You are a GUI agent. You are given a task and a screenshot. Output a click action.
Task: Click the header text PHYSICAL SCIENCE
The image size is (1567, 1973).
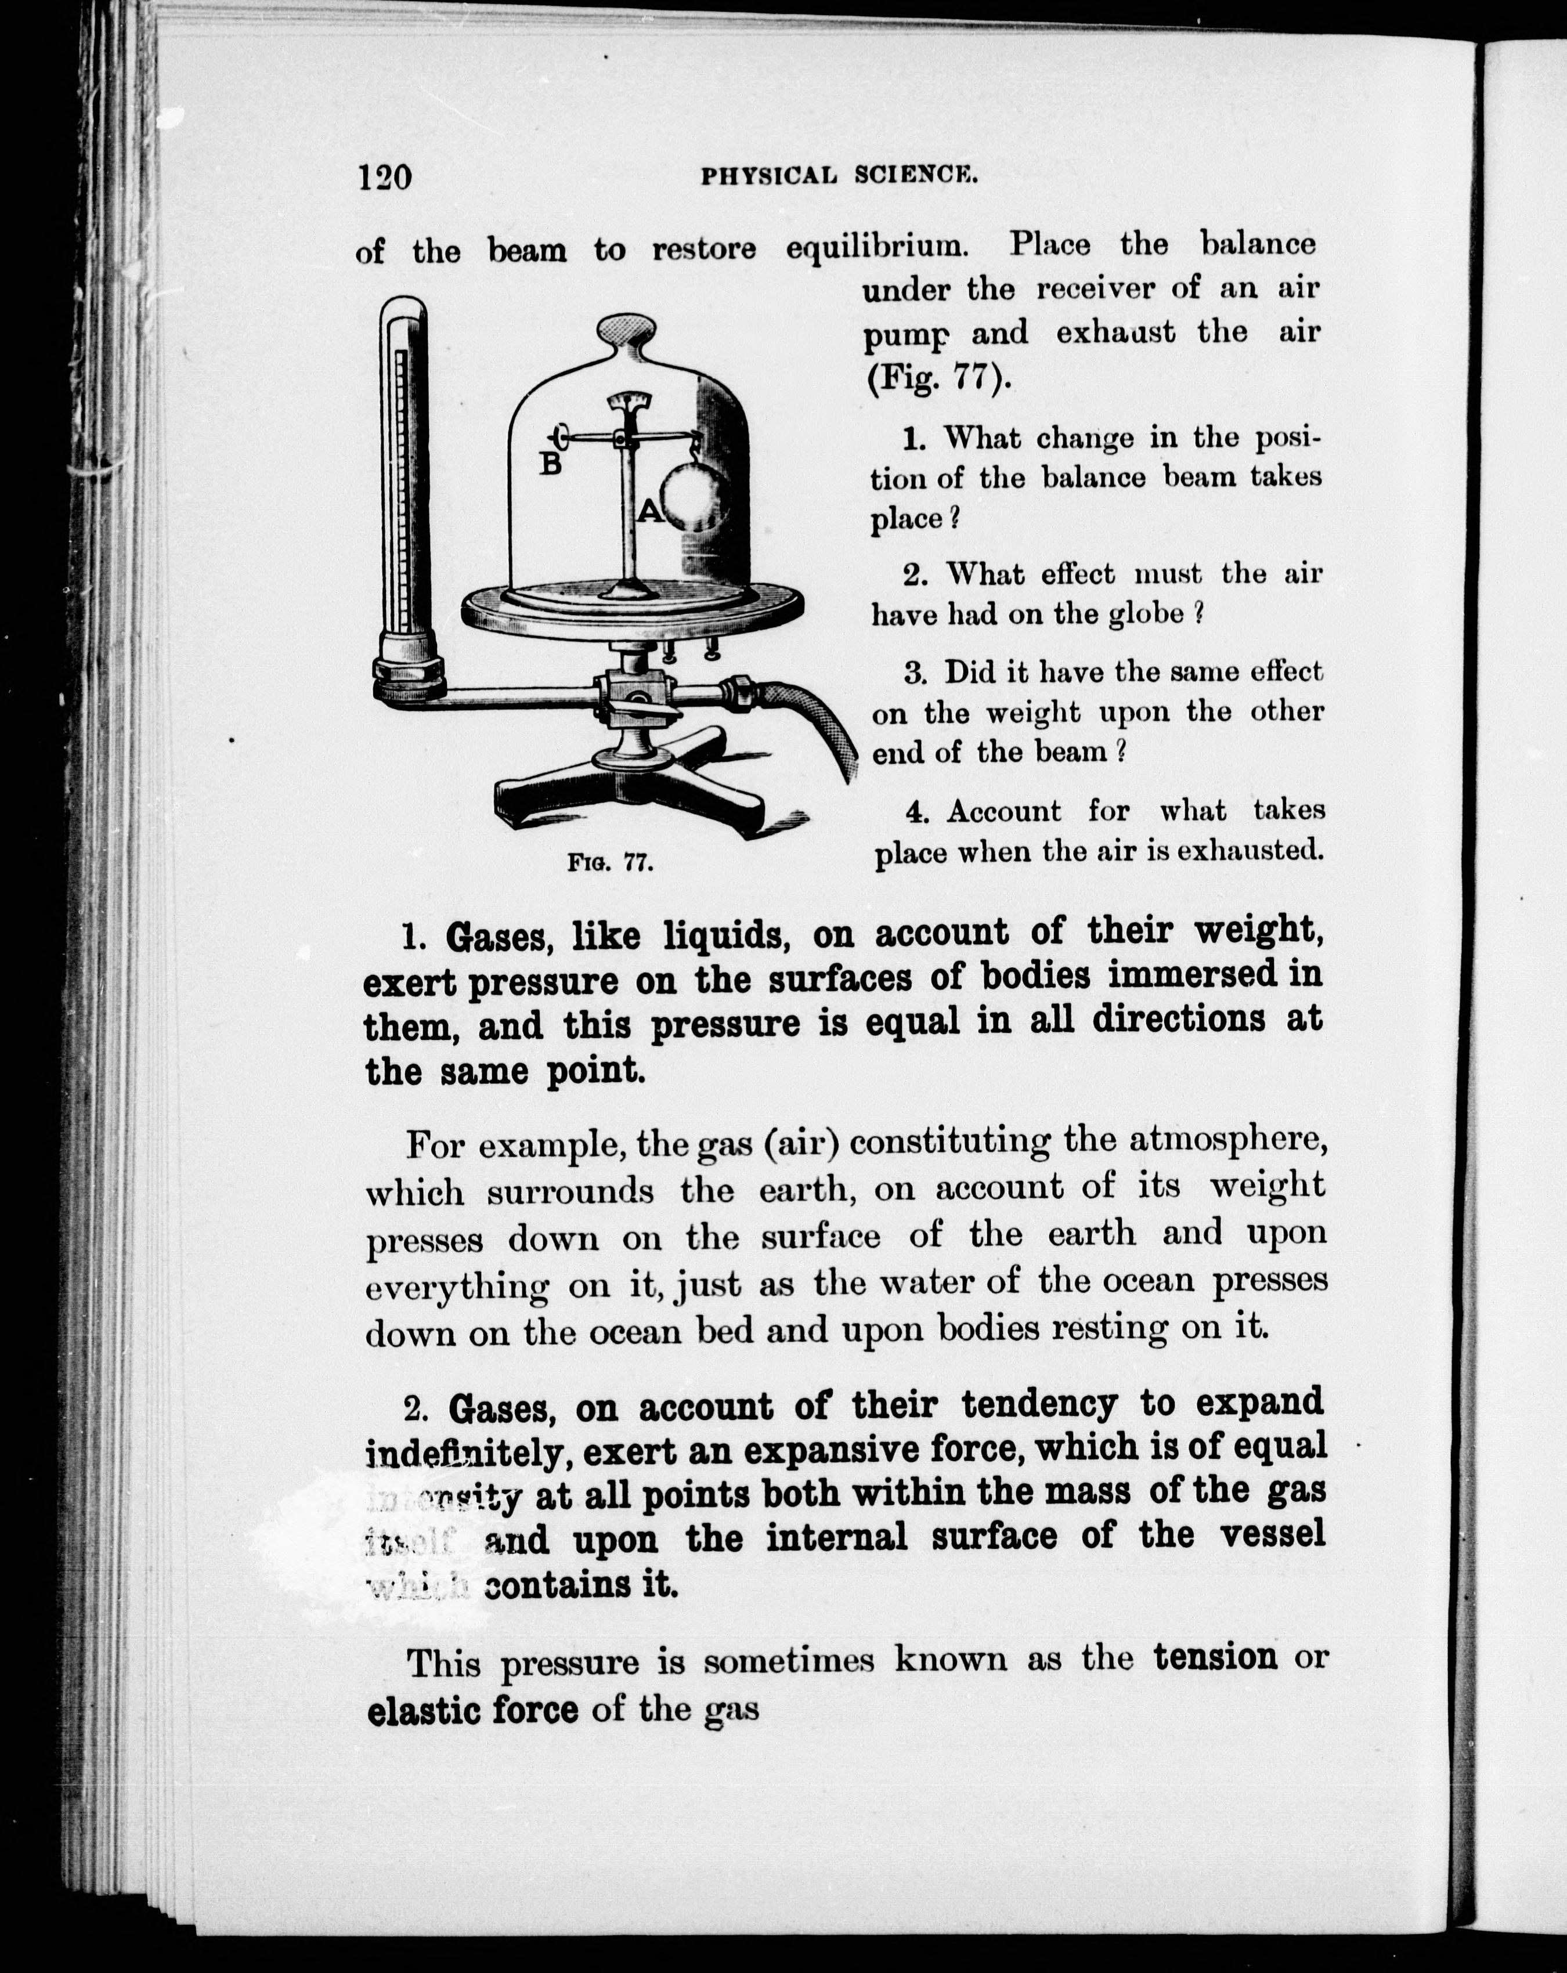[x=839, y=175]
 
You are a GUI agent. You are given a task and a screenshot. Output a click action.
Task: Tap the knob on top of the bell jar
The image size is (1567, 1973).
[x=627, y=330]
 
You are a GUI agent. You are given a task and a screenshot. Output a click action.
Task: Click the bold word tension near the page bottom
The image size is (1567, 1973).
[x=1215, y=1656]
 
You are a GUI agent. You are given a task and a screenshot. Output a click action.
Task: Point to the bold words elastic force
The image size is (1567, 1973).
[x=472, y=1708]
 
